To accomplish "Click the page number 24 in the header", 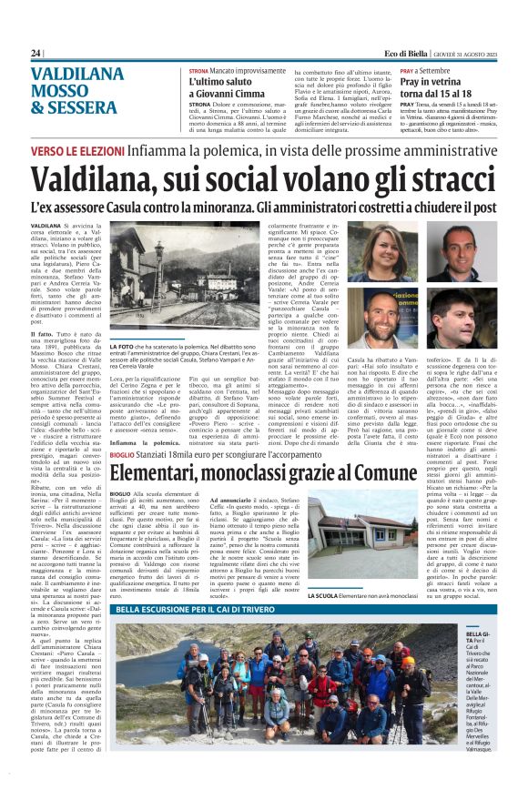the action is (36, 54).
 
